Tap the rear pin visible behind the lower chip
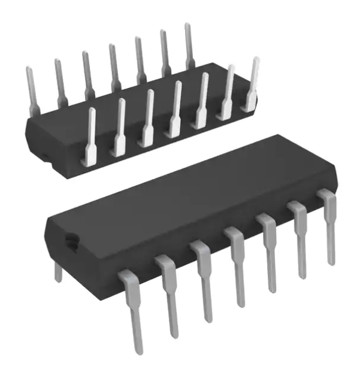point(58,271)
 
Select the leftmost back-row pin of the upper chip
point(31,90)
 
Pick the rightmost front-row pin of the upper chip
point(252,84)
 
